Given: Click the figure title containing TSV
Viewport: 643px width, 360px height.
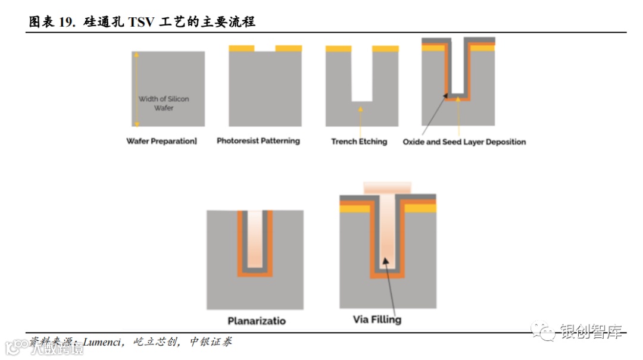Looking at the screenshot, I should coord(143,22).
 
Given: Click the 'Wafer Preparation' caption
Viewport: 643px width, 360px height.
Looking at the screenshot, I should coord(161,142).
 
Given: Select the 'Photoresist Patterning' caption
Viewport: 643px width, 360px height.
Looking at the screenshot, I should coord(258,141).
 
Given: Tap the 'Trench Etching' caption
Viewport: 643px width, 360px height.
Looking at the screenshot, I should coord(359,142).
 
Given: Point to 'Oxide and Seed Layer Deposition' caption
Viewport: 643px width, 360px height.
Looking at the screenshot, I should coord(464,142).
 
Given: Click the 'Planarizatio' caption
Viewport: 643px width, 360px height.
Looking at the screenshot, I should coord(257,321).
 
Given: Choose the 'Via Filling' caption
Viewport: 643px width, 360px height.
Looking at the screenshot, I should coord(377,320).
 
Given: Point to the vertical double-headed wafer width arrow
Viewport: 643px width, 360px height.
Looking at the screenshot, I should coord(136,89).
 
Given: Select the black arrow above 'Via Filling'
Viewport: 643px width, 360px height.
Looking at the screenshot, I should coord(394,286).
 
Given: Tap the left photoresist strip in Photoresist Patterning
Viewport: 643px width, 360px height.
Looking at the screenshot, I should coord(242,48).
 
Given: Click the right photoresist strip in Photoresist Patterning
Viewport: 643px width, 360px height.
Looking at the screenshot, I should coord(289,48).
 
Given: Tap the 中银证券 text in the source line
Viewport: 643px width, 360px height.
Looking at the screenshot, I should coord(211,342).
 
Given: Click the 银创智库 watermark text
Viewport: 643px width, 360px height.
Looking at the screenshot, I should coord(591,331).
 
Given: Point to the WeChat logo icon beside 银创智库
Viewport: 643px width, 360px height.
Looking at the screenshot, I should coord(543,331).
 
